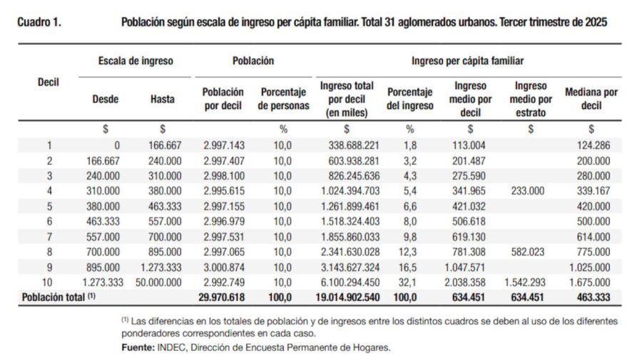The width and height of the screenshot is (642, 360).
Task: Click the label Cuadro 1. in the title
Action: point(39,22)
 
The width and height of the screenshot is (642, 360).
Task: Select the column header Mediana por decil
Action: point(591,99)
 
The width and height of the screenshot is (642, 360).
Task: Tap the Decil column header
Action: point(47,82)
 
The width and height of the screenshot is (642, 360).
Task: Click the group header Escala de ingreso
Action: point(136,61)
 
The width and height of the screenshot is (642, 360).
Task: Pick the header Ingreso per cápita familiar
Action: point(467,61)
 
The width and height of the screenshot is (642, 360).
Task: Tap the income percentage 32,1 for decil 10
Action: point(409,282)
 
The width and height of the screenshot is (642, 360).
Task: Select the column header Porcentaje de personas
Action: point(284,99)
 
